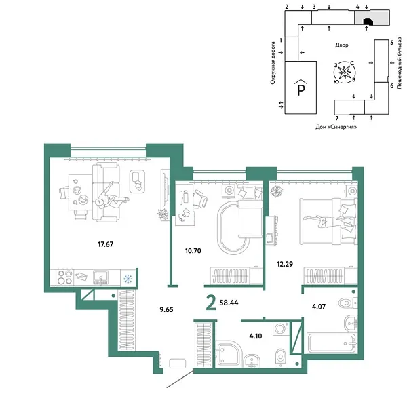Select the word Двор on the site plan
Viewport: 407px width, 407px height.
(341, 45)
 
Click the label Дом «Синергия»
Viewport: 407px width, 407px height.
(336, 127)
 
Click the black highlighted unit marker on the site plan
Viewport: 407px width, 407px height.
(367, 22)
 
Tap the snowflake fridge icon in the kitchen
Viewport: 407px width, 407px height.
(127, 277)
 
